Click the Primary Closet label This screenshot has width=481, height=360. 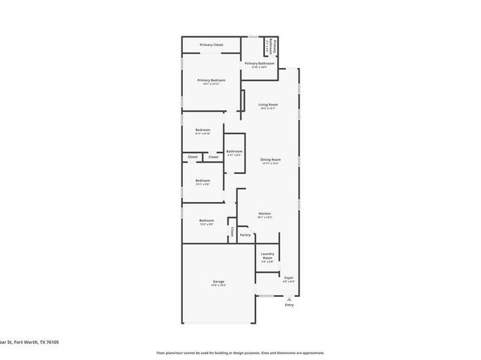[212, 44]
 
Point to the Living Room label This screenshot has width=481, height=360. [269, 104]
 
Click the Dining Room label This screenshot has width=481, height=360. [270, 159]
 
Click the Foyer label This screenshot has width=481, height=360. [288, 277]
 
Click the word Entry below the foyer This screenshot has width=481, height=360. [289, 305]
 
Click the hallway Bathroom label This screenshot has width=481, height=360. [235, 151]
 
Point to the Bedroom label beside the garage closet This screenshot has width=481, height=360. [206, 220]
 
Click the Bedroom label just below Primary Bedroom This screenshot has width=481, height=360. [202, 130]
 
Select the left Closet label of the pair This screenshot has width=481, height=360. [193, 157]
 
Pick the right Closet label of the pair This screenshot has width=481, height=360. [213, 157]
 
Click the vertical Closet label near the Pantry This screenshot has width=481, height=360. [232, 232]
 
